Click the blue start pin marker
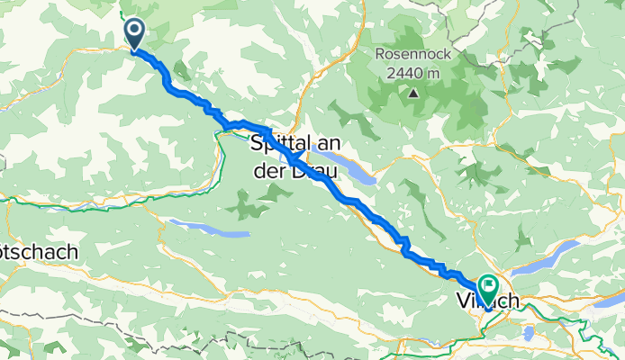[x=134, y=34]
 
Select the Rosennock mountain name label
[x=413, y=54]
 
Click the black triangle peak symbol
[x=413, y=92]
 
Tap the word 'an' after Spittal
[x=327, y=142]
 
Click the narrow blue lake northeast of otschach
[x=209, y=229]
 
